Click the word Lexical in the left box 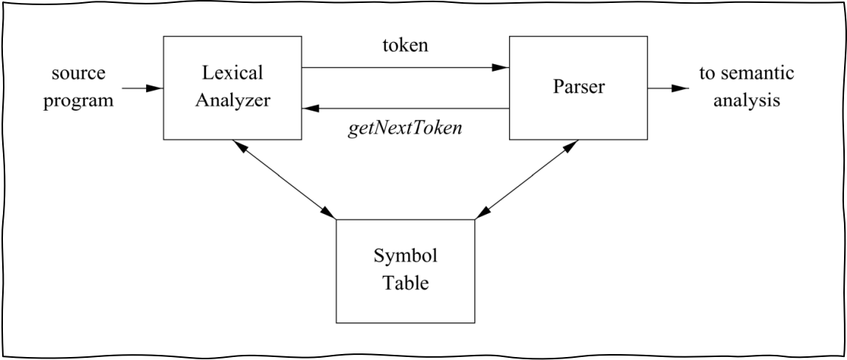pyautogui.click(x=232, y=73)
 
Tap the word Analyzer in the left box pyautogui.click(x=232, y=100)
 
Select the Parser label pyautogui.click(x=578, y=86)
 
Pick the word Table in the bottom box pyautogui.click(x=405, y=283)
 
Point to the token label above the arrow pyautogui.click(x=405, y=46)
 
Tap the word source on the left pyautogui.click(x=78, y=73)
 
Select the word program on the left pyautogui.click(x=78, y=100)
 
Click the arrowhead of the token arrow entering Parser pyautogui.click(x=501, y=68)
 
